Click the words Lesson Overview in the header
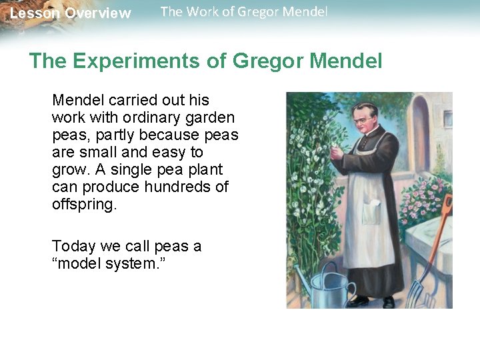click(70, 13)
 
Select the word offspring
click(84, 204)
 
